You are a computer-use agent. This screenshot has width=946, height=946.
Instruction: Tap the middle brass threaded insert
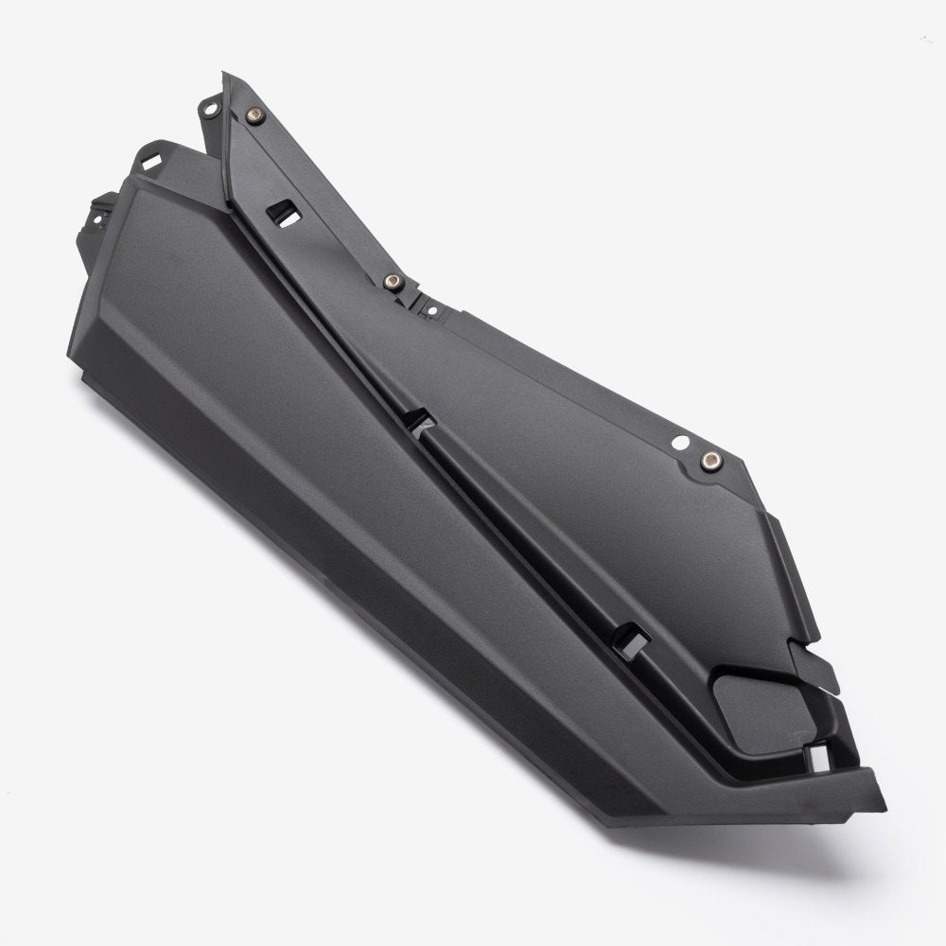click(390, 281)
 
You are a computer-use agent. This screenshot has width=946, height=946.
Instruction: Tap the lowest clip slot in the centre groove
click(627, 637)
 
